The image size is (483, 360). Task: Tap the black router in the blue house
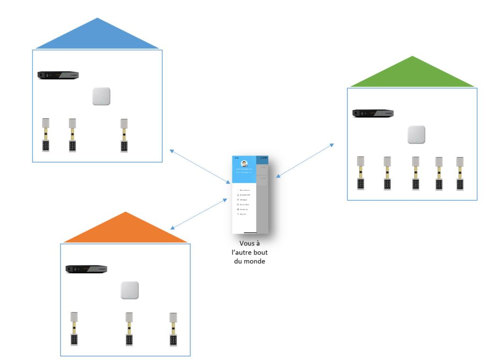tap(58, 75)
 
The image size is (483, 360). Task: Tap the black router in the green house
tap(373, 113)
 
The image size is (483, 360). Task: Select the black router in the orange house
tap(86, 269)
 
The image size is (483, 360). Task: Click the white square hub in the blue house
tap(101, 97)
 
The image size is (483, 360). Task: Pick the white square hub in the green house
tap(416, 135)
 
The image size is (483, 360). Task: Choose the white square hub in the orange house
tap(129, 290)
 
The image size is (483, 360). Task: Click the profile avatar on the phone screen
tap(244, 164)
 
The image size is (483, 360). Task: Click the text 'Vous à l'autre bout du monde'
tap(249, 252)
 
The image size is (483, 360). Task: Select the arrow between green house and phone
tap(305, 161)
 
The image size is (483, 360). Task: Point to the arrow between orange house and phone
tap(199, 214)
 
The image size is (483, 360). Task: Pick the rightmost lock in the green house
tap(460, 173)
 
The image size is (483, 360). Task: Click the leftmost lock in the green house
tap(360, 173)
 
